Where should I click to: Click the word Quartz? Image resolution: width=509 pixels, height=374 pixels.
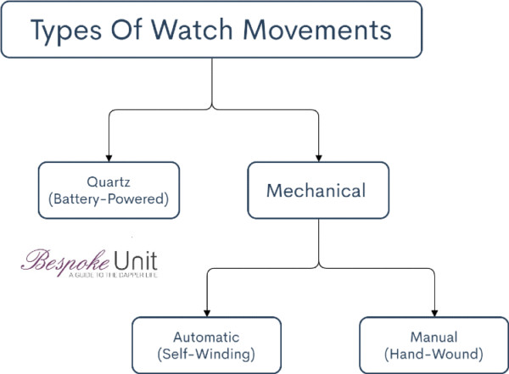[109, 181]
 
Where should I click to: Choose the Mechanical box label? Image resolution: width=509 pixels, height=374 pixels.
[316, 190]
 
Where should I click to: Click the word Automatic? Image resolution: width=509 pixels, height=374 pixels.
[205, 337]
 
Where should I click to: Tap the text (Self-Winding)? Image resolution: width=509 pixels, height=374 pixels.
[205, 354]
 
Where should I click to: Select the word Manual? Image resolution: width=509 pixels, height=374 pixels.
[433, 337]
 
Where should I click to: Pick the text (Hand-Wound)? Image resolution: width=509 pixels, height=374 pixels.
[433, 354]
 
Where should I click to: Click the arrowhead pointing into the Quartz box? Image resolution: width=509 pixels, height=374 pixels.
[109, 155]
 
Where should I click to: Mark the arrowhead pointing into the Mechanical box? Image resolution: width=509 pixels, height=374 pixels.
[317, 155]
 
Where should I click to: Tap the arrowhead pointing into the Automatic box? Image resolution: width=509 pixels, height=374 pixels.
[205, 311]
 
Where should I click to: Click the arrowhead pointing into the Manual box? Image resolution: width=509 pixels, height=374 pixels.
[433, 311]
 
